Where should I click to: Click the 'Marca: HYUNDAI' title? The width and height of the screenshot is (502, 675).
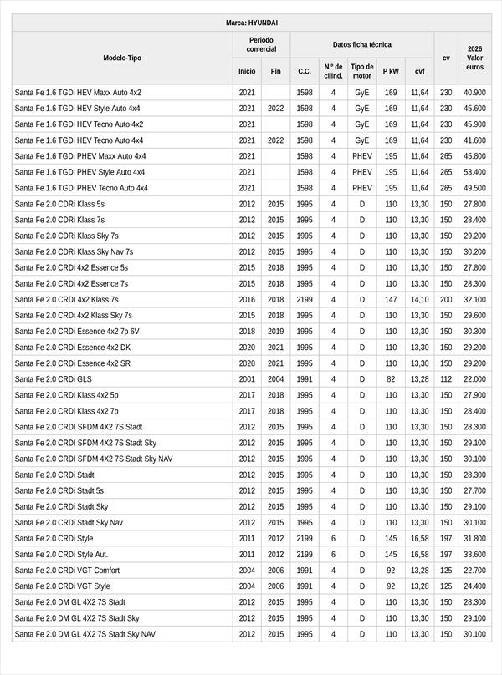tap(251, 23)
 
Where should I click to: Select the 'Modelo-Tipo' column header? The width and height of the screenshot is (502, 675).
tap(122, 58)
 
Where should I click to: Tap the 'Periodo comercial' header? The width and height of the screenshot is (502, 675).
tap(261, 44)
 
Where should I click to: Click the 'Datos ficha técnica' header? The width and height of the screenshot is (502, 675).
tap(361, 44)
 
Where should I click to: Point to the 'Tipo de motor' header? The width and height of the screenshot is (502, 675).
tap(362, 71)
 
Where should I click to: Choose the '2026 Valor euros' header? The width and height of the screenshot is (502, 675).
tap(474, 58)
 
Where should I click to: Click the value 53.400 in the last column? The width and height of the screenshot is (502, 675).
tap(474, 172)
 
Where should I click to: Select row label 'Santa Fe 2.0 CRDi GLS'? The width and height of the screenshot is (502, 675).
tap(54, 379)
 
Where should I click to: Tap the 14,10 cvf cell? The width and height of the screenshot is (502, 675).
tap(419, 299)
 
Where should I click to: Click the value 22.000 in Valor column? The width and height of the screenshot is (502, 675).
tap(474, 379)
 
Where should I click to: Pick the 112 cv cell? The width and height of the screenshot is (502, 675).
tap(446, 379)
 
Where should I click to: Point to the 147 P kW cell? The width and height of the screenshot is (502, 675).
tap(391, 299)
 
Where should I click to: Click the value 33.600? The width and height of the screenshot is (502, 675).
tap(474, 554)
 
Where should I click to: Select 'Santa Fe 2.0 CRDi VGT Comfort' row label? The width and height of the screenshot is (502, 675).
tap(67, 570)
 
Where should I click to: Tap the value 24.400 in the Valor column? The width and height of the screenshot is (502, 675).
tap(474, 586)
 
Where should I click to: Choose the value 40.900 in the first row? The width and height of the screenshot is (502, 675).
tap(474, 93)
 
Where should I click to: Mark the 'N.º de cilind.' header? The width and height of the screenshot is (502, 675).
tap(333, 71)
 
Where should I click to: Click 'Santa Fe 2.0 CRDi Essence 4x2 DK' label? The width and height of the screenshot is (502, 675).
tap(73, 348)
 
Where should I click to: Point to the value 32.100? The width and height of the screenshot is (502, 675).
tap(474, 299)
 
